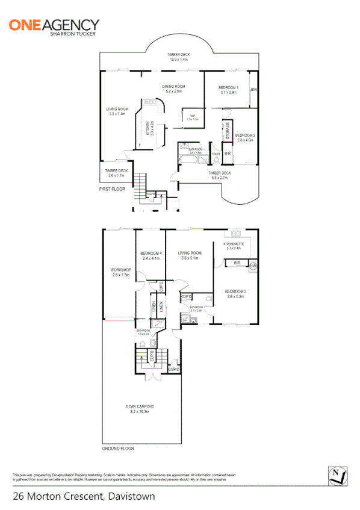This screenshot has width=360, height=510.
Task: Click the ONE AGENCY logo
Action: coord(54,27)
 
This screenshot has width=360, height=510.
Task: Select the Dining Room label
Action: coord(173,89)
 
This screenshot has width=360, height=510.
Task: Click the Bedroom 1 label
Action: coord(229,90)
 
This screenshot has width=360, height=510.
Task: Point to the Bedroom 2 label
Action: coord(246,137)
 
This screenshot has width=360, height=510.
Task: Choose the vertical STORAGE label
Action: coord(228,131)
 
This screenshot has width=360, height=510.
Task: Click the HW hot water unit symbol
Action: coord(253,266)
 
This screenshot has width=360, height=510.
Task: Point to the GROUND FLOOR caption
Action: coord(118,449)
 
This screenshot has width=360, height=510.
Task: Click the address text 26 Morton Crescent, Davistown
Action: coord(84,497)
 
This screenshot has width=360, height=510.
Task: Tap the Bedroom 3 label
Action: coord(236,294)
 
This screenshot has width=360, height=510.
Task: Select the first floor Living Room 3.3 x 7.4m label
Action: coord(116,112)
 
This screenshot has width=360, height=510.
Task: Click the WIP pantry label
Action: coord(193,117)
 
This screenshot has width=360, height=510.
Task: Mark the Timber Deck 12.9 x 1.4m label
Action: coord(179,57)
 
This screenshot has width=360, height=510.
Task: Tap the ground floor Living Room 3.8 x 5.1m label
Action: coord(191,255)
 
